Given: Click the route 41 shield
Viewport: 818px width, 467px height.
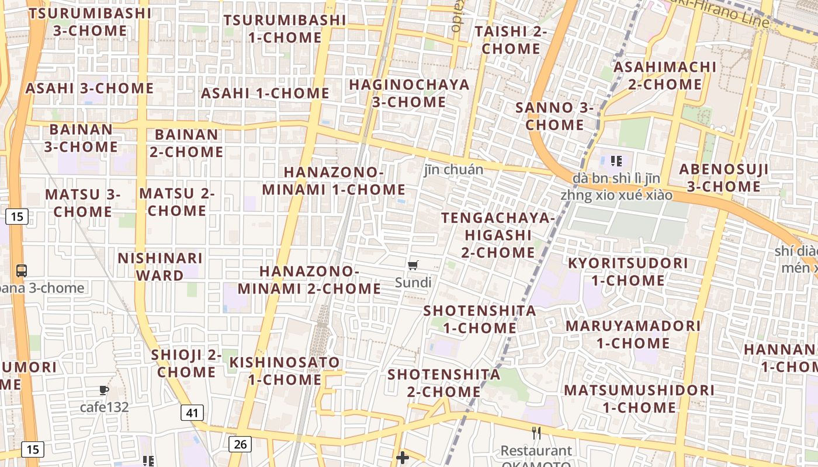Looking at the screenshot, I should coord(192,413).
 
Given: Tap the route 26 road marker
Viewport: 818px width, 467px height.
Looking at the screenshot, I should coord(240,444).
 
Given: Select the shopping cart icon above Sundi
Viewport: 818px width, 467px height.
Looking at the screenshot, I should coord(413,266).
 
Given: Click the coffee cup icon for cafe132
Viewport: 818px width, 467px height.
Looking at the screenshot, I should coord(104,390).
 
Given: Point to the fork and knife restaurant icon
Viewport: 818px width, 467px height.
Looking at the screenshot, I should coord(536,433).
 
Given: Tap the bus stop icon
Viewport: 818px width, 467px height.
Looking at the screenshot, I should coord(22,270).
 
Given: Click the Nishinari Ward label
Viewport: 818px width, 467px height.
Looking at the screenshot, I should coord(161,266).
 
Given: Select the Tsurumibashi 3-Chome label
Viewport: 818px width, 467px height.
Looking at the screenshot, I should coord(90,22).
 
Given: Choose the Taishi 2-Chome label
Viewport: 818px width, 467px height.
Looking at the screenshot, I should coord(511,40).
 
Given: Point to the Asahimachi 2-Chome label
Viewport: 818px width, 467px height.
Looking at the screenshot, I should coord(665,75).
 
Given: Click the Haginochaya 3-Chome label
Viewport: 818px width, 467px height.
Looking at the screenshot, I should coord(409,93).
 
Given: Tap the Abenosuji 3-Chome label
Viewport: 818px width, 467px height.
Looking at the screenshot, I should coord(723,178).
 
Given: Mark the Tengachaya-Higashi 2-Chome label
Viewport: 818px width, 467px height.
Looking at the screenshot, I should coord(498,235).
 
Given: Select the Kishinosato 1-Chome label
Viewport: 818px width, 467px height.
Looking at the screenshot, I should coord(285,371).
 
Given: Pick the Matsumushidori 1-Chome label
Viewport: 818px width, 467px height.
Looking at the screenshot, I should coord(639,399).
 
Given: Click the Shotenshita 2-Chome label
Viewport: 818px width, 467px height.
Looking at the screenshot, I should coord(444,383).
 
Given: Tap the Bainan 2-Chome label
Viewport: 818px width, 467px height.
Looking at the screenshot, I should coord(186,143).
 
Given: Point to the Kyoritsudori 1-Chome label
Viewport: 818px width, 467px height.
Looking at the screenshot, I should coord(628,271).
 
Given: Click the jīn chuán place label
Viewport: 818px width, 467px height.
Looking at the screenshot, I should coord(454,169).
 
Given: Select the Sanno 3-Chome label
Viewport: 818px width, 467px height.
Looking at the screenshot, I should coord(554,116).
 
